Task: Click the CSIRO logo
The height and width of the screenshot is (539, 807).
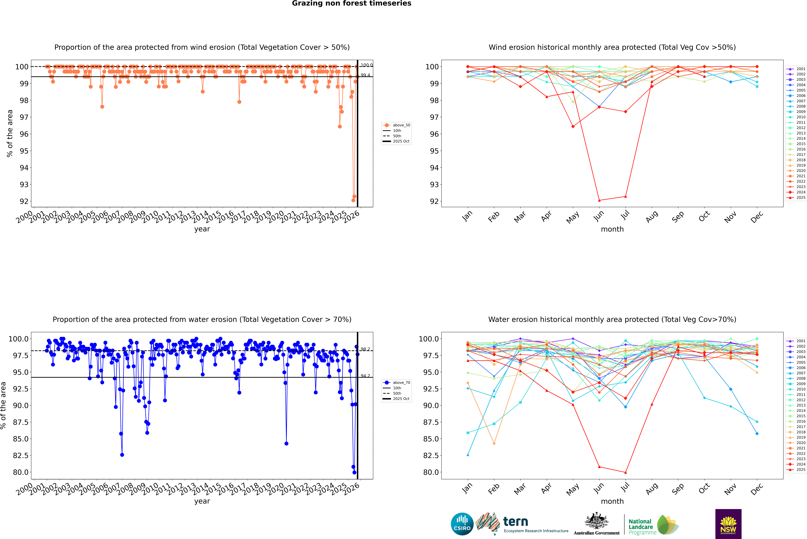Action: (x=462, y=524)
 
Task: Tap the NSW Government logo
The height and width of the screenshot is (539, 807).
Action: (x=728, y=524)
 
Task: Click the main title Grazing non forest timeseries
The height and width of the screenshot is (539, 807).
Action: (x=352, y=3)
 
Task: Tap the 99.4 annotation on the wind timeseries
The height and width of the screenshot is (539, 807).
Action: (x=365, y=75)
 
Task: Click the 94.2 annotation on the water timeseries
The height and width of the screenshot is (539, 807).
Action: (x=365, y=376)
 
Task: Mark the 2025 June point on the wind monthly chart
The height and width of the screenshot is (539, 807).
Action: (x=599, y=200)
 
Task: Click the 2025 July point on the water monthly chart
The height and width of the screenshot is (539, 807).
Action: (x=625, y=472)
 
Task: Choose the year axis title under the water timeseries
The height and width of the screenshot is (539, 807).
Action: (x=202, y=501)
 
